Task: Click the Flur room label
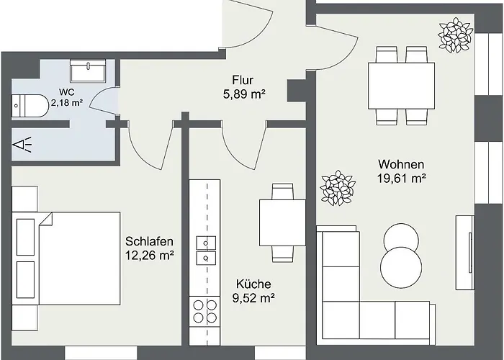[243, 80]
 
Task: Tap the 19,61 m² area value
[402, 178]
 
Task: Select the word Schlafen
[149, 241]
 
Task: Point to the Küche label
[253, 284]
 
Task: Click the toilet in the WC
[30, 106]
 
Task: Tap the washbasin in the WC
[88, 71]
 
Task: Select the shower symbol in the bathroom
[22, 145]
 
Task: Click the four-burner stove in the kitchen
[204, 311]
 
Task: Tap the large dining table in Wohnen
[402, 86]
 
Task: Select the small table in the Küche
[282, 222]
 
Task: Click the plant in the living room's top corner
[456, 36]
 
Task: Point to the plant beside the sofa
[338, 188]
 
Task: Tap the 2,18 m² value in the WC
[67, 103]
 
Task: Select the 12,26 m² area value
[150, 256]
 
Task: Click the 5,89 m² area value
[244, 94]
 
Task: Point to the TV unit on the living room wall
[465, 253]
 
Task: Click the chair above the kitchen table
[282, 192]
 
